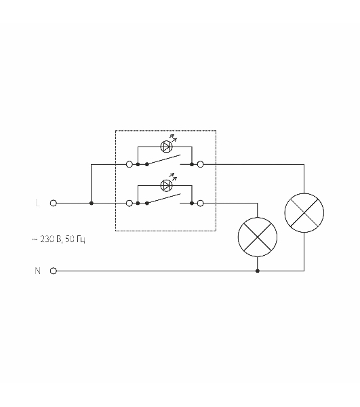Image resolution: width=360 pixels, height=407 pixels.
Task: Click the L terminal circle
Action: point(53,203)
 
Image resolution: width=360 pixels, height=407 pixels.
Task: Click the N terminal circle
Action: point(53,271)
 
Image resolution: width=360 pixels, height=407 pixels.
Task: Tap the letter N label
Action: point(37,271)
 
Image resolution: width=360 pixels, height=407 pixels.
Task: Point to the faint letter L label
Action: point(37,203)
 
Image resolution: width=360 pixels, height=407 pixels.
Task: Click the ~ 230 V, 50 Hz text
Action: point(58,239)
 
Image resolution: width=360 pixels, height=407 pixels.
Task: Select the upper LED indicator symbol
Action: point(166,147)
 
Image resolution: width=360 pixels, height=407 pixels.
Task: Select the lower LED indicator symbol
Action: point(166,185)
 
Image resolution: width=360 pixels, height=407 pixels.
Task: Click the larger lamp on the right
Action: point(304,213)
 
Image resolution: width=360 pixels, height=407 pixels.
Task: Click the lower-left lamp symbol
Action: point(258,237)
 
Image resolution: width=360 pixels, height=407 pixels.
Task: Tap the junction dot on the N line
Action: point(258,271)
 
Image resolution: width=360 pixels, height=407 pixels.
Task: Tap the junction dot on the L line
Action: point(92,203)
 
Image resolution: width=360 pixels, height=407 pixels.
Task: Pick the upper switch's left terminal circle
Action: point(129,164)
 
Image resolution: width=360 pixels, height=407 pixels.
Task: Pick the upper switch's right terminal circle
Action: point(201,164)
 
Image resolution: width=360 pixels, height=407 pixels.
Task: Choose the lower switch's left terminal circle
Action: point(129,203)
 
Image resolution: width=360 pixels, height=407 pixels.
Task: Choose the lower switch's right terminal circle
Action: point(201,203)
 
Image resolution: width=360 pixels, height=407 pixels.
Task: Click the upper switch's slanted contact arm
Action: point(163,159)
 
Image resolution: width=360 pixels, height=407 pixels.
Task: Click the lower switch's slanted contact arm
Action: point(163,199)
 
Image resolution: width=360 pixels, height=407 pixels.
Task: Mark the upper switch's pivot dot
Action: point(147,164)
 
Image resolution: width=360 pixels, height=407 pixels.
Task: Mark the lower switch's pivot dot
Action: point(147,203)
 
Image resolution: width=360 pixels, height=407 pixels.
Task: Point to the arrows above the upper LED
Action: point(174,138)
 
